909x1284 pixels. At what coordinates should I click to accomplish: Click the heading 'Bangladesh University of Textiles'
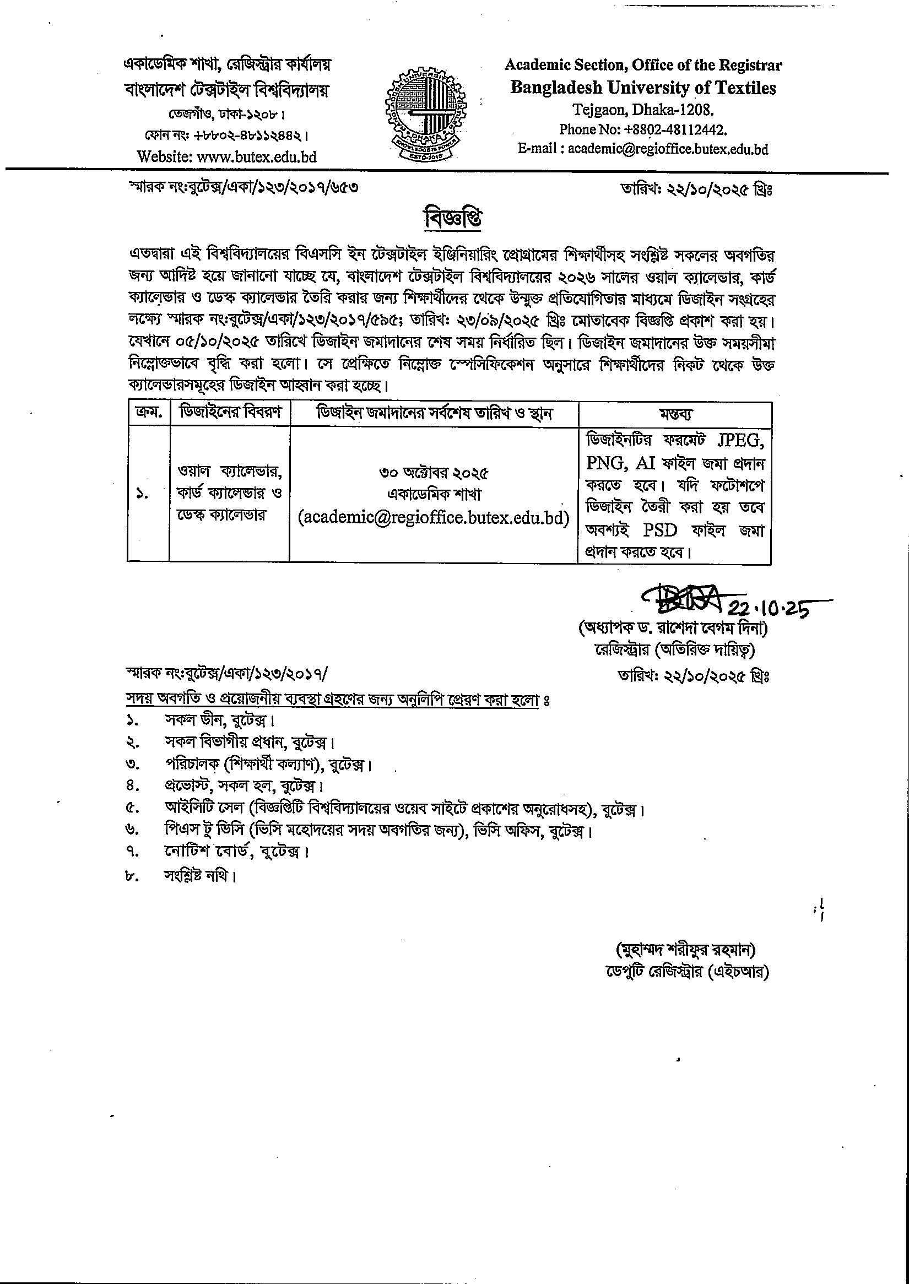click(643, 88)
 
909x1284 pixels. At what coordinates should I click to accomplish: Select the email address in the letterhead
click(668, 149)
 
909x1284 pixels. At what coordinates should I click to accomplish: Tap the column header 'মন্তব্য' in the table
click(674, 414)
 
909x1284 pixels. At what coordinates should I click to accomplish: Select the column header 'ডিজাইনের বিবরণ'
click(230, 414)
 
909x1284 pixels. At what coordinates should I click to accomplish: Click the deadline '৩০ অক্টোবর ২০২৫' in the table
click(434, 474)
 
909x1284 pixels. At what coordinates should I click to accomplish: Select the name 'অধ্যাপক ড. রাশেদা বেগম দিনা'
click(673, 629)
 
